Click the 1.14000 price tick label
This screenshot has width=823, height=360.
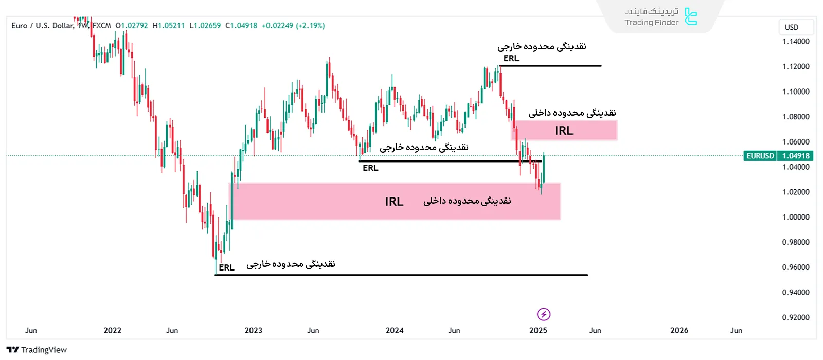(x=796, y=42)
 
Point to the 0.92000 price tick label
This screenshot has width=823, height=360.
(x=796, y=317)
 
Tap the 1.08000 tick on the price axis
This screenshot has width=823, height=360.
(x=796, y=117)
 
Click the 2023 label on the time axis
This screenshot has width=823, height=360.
(x=254, y=330)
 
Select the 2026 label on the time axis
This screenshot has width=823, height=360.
(x=679, y=330)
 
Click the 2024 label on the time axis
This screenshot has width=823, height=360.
(x=395, y=330)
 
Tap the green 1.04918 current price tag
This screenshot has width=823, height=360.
(x=796, y=156)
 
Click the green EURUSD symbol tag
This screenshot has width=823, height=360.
(x=760, y=156)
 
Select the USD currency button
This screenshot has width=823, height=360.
(x=792, y=27)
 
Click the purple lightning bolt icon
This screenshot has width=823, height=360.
(x=544, y=314)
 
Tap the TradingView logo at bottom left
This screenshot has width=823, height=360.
(x=37, y=350)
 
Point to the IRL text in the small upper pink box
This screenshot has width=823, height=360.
(x=564, y=131)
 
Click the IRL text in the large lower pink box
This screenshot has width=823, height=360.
(x=394, y=202)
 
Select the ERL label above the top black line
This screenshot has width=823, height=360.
(x=511, y=58)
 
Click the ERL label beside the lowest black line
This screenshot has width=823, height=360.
(x=226, y=267)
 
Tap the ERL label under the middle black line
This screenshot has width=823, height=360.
(x=370, y=168)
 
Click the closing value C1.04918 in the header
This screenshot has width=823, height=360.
(x=241, y=26)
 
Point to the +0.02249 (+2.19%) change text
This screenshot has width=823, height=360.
(x=293, y=26)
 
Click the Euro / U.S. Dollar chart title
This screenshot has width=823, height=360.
(x=43, y=26)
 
